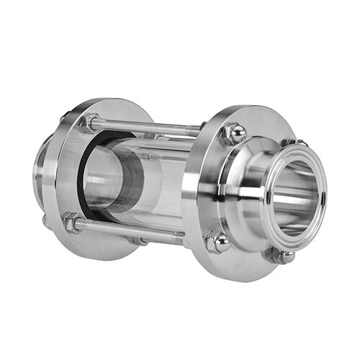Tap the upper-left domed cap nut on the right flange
point(233,132)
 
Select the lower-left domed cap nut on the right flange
point(217,241)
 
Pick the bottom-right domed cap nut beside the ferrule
point(282,254)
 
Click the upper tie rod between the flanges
point(151,130)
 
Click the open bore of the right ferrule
point(297,198)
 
